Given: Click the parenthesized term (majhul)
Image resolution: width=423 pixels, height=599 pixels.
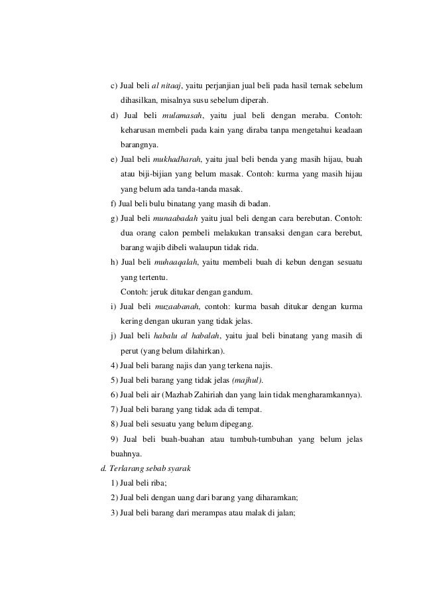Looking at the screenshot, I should tap(247, 380).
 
